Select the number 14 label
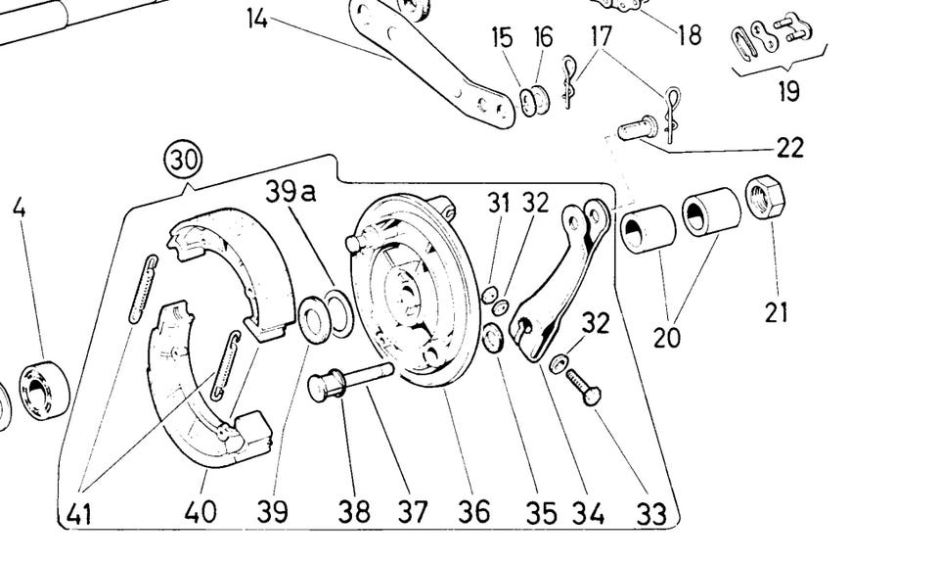[x=257, y=18]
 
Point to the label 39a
[x=290, y=192]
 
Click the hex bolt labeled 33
[x=582, y=389]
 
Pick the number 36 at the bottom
[x=476, y=511]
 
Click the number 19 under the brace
[x=788, y=91]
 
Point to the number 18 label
[x=689, y=35]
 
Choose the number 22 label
[x=789, y=148]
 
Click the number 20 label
[x=668, y=338]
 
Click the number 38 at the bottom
[x=354, y=511]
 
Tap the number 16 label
[x=543, y=37]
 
